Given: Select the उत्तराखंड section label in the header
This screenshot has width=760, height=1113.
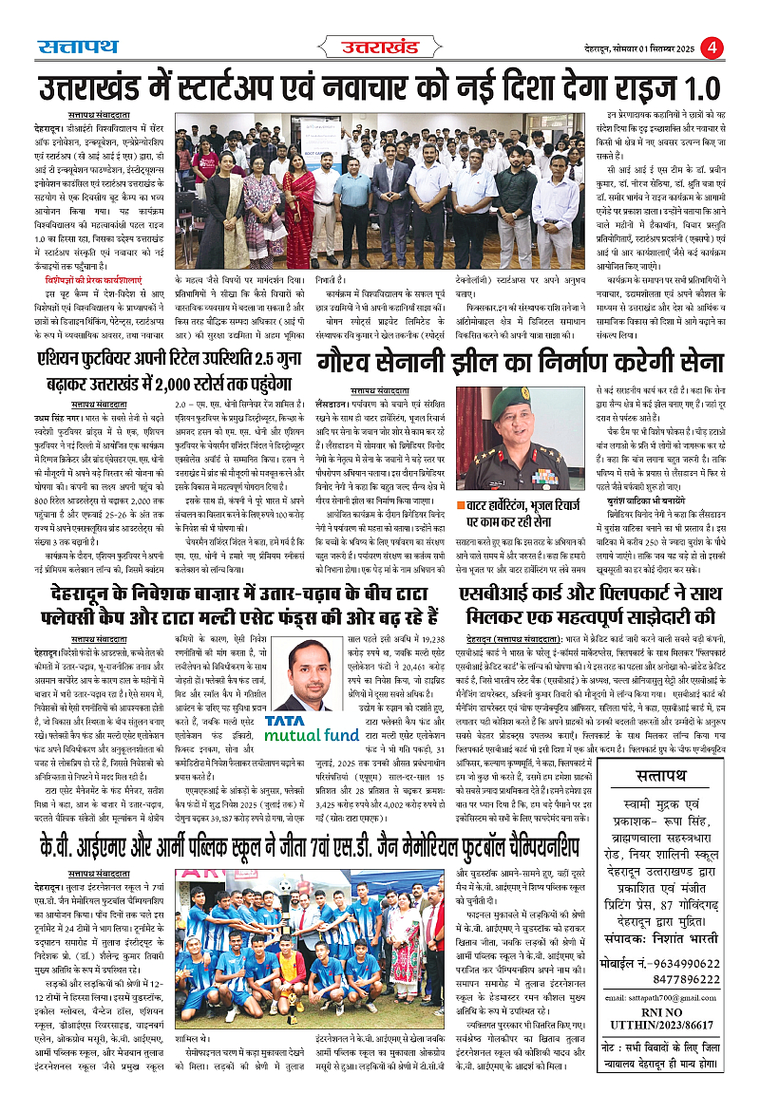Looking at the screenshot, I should [380, 47].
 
